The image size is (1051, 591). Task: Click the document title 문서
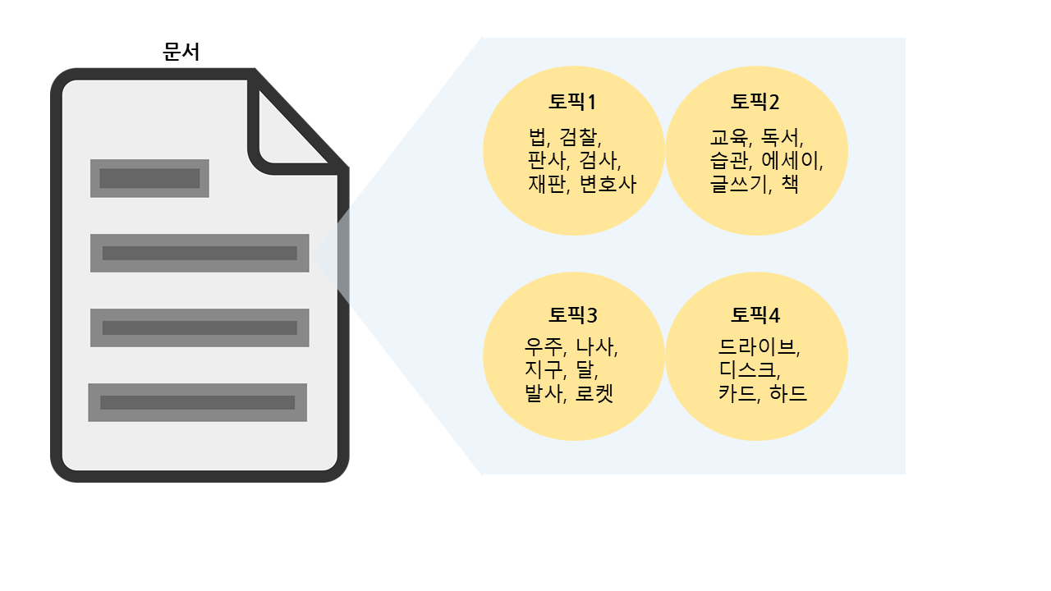tap(181, 52)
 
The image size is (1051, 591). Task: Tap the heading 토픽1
tap(572, 103)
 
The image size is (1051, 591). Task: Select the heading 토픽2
tap(755, 103)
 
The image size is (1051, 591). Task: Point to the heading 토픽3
tap(572, 315)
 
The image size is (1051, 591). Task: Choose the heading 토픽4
tap(755, 315)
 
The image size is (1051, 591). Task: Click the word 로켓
tap(594, 394)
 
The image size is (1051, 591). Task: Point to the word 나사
tap(595, 347)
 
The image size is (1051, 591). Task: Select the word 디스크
tap(744, 371)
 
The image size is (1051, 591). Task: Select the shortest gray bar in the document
tap(149, 178)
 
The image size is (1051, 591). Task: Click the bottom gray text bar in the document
tap(197, 402)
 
